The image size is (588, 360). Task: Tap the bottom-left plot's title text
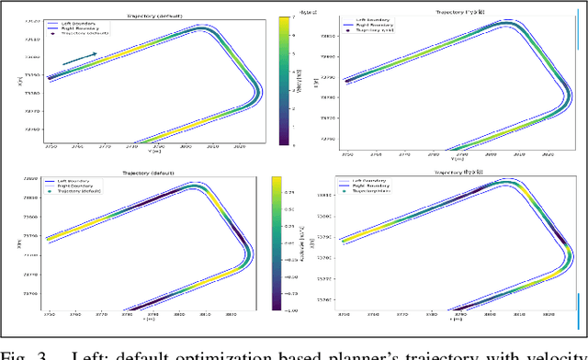coord(150,172)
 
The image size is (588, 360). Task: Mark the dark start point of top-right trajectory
coord(347,81)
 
